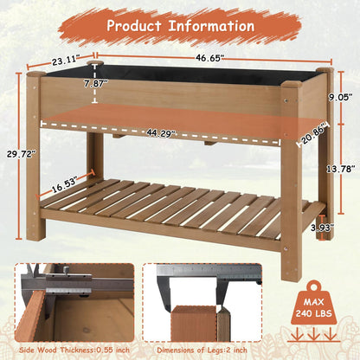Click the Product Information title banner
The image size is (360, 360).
pyautogui.click(x=179, y=25)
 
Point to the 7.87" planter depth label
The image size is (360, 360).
pyautogui.click(x=97, y=85)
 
